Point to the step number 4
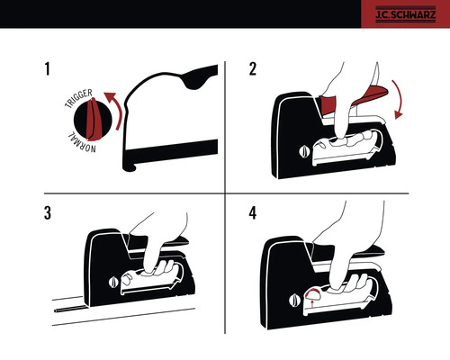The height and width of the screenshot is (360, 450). coord(254,214)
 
